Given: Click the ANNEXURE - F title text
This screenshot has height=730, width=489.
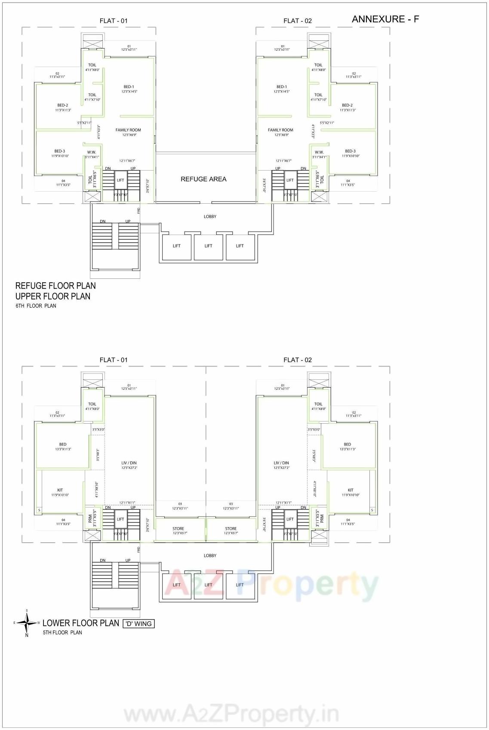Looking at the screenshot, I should point(385,19).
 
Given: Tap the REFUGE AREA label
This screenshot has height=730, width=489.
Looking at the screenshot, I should point(203,179).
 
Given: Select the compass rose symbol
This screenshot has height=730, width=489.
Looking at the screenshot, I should point(27,623).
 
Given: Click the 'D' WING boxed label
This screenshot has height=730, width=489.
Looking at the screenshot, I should point(138,623).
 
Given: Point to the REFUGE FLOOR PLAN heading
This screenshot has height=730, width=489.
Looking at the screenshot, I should point(55,286).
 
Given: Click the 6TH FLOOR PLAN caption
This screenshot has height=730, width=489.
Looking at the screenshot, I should point(36,306).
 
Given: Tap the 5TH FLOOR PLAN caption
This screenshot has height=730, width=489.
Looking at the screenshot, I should point(62,632).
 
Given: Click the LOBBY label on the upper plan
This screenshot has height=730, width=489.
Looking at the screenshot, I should point(210,217).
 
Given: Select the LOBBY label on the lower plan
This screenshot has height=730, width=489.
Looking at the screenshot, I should point(210,556).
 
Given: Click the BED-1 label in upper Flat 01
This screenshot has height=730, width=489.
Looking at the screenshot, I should point(129,87).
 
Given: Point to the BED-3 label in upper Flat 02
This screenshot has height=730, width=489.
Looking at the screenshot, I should point(350,151).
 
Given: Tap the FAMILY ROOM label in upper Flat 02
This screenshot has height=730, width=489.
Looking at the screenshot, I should point(280,130).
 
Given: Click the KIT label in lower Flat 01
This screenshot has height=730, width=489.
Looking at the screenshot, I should point(60,490).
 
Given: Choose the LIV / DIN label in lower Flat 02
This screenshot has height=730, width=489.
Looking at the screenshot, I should point(281,463).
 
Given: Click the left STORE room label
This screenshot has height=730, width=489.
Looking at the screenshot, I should point(178,529).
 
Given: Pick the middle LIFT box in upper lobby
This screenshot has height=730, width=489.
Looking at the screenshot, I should point(208,246).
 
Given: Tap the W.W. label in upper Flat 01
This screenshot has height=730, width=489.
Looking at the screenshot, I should point(92,152).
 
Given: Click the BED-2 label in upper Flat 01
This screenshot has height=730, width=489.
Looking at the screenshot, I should point(62,105).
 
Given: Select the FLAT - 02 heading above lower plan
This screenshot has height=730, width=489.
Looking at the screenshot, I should point(297,360).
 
